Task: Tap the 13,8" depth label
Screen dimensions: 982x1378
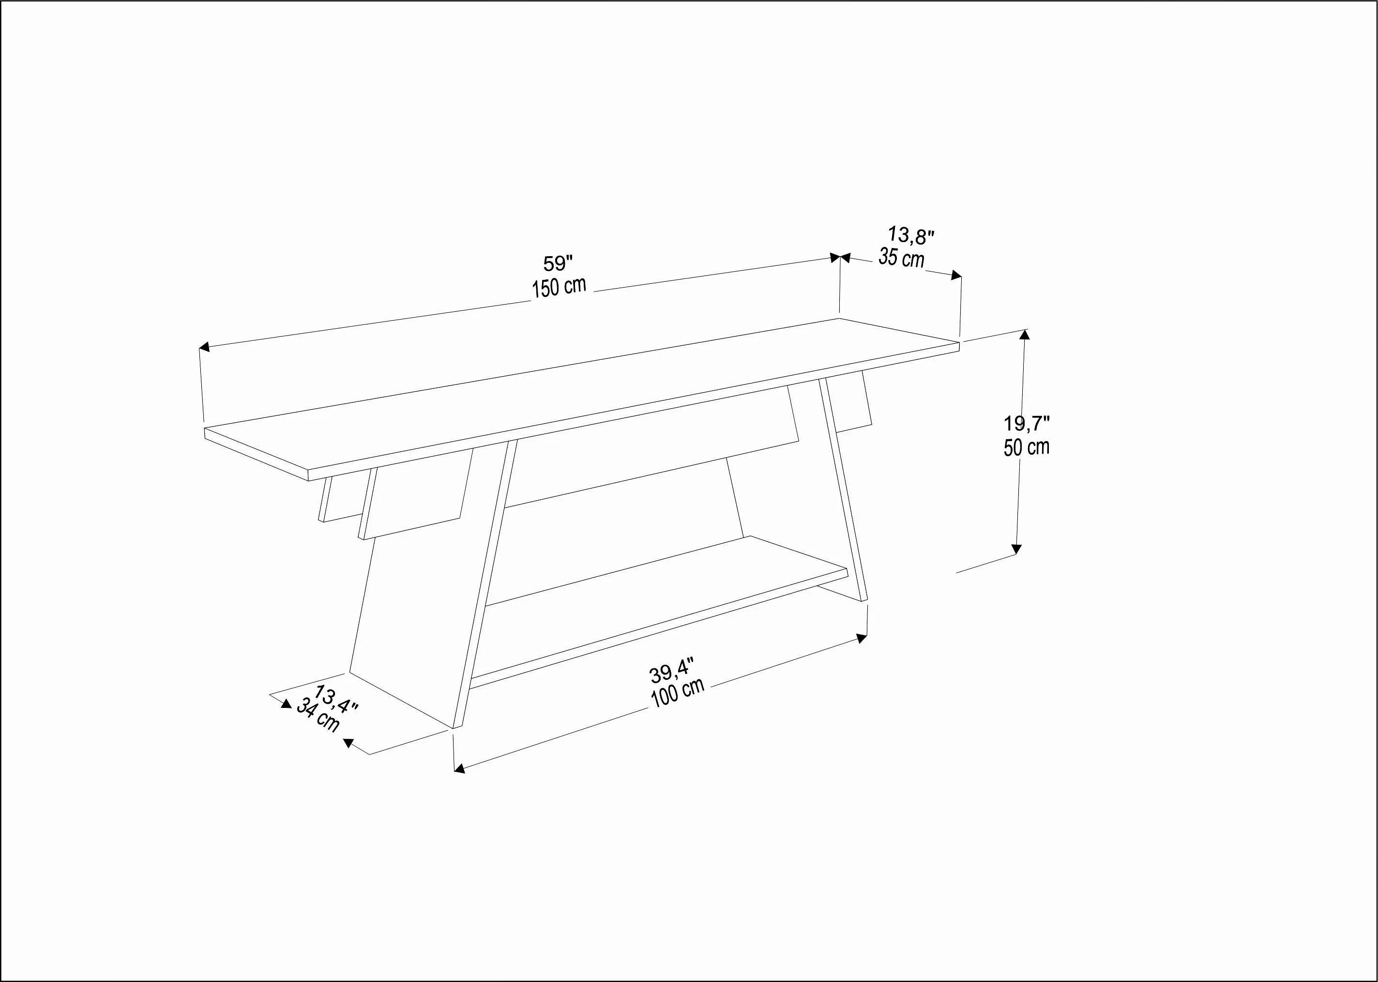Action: tap(911, 235)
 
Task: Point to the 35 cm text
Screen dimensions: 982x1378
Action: tap(901, 258)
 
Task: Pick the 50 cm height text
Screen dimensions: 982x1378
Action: tap(1026, 447)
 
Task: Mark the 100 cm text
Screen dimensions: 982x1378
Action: tap(678, 693)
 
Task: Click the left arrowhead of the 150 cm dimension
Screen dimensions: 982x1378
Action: tap(204, 347)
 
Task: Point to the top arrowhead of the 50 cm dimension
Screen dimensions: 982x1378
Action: tap(1024, 334)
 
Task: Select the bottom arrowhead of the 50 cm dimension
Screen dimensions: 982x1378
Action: tap(1016, 549)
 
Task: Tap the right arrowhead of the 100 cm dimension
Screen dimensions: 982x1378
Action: tap(863, 637)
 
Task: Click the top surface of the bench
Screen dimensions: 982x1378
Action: tap(580, 393)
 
